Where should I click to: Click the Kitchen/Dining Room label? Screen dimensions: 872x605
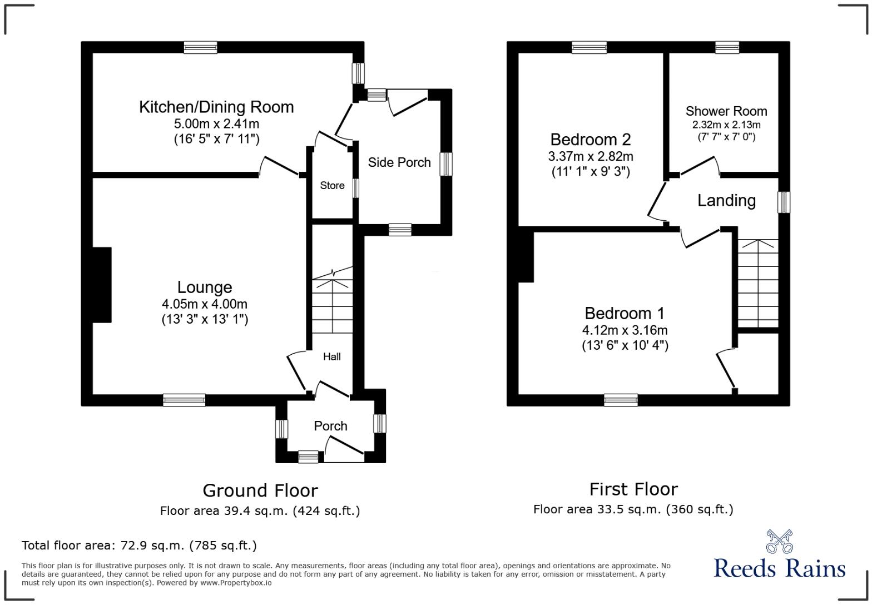(x=216, y=107)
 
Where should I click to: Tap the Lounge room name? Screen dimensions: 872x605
(x=205, y=287)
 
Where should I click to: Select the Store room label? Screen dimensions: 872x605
(x=332, y=185)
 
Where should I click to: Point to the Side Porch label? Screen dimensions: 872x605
(x=399, y=162)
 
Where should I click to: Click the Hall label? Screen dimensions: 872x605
(x=332, y=356)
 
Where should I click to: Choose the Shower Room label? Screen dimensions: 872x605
(x=726, y=111)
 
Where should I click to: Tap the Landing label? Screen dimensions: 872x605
(x=726, y=200)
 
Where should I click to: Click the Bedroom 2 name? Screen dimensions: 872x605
(x=591, y=139)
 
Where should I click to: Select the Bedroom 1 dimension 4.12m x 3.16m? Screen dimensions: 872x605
(x=625, y=330)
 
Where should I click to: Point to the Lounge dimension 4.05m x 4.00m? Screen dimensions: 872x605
(x=205, y=304)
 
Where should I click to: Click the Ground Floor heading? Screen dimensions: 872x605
(x=260, y=490)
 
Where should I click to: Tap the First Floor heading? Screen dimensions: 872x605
(x=633, y=489)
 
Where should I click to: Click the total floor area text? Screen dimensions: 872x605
(x=139, y=546)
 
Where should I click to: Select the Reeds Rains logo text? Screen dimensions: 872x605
(x=779, y=568)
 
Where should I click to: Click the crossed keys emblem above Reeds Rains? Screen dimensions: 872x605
(x=779, y=541)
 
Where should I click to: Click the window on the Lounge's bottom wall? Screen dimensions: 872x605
(x=184, y=400)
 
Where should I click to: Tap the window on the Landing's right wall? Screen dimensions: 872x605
(x=784, y=202)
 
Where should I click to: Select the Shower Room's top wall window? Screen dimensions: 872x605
(x=727, y=47)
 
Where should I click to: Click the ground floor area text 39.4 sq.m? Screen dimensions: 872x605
(x=260, y=510)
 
